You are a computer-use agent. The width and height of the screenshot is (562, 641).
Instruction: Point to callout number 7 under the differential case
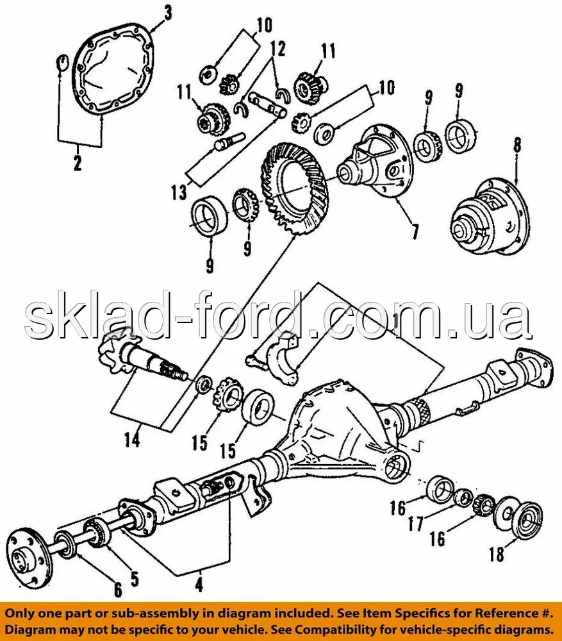pyautogui.click(x=415, y=230)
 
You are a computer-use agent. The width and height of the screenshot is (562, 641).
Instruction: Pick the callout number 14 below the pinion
pyautogui.click(x=132, y=441)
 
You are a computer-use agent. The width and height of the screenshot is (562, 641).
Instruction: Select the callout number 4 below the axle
pyautogui.click(x=199, y=585)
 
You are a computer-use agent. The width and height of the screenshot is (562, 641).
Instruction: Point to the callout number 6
pyautogui.click(x=117, y=590)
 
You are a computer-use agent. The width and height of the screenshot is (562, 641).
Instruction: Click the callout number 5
pyautogui.click(x=134, y=578)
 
